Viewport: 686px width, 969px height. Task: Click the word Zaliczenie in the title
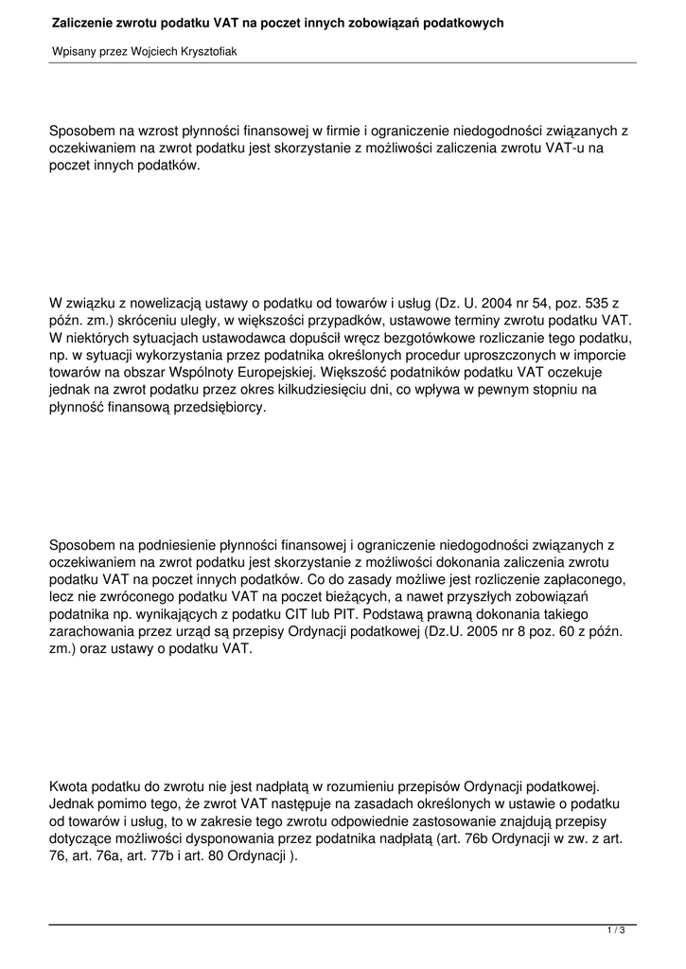coord(84,21)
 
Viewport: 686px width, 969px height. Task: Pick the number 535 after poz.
coord(588,303)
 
